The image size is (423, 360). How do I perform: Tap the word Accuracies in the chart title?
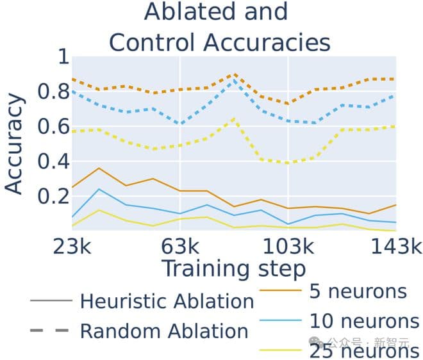click(268, 42)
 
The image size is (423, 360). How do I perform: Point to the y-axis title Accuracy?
click(14, 144)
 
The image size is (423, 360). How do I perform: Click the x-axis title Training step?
click(233, 268)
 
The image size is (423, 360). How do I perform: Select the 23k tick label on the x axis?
click(72, 246)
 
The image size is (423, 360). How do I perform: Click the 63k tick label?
click(180, 246)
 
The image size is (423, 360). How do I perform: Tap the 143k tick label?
click(396, 246)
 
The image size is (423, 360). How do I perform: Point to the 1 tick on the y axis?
click(62, 58)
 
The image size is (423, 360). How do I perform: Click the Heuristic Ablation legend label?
click(167, 301)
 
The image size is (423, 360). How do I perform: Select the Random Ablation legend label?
click(164, 331)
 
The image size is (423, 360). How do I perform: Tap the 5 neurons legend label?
click(358, 291)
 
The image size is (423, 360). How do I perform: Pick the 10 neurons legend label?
click(363, 320)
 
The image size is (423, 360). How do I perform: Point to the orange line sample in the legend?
click(280, 291)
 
